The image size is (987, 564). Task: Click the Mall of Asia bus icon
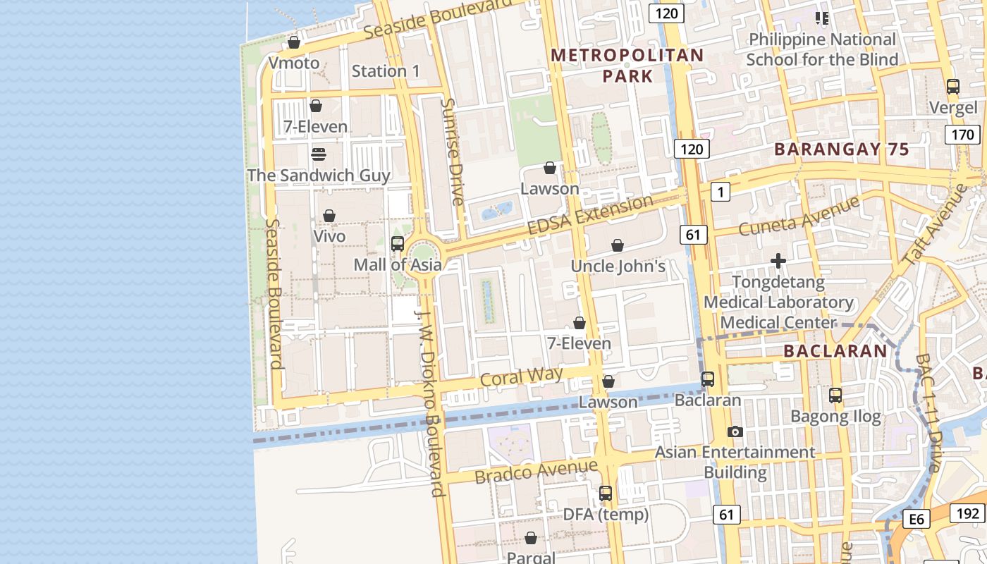(x=398, y=244)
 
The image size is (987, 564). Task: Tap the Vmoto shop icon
(x=294, y=42)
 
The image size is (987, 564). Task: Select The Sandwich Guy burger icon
(x=318, y=154)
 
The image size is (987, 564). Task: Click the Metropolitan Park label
(x=627, y=65)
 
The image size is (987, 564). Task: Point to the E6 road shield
(x=916, y=520)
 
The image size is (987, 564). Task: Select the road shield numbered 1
(x=720, y=191)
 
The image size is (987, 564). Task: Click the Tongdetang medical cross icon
(x=778, y=262)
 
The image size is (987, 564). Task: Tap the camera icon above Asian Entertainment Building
(x=735, y=431)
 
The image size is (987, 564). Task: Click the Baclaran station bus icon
(x=708, y=379)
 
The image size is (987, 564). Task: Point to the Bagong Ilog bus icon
(x=835, y=396)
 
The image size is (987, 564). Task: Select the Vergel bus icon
(x=953, y=87)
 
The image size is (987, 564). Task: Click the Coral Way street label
(x=521, y=376)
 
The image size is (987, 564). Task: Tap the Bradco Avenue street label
(x=536, y=472)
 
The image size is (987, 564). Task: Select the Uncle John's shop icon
(x=618, y=245)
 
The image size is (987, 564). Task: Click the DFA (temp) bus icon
(x=606, y=493)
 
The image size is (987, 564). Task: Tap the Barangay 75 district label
(x=841, y=149)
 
